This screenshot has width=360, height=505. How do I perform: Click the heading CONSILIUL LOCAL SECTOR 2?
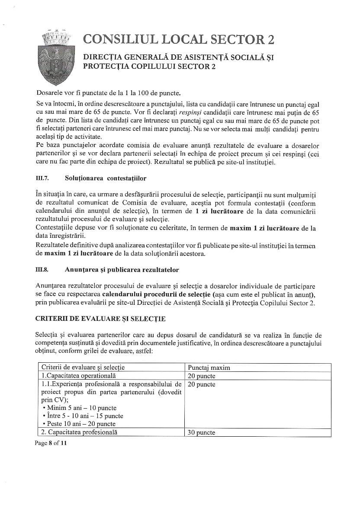[x=178, y=40]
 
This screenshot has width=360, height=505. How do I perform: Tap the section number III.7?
[x=42, y=178]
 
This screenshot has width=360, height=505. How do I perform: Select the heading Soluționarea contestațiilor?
[x=106, y=178]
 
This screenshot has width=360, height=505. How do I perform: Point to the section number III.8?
[x=42, y=270]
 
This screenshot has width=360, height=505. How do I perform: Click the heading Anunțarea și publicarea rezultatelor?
[x=122, y=270]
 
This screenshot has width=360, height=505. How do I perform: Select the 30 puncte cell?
[x=201, y=432]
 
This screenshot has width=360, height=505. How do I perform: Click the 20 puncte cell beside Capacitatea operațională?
[x=201, y=376]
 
